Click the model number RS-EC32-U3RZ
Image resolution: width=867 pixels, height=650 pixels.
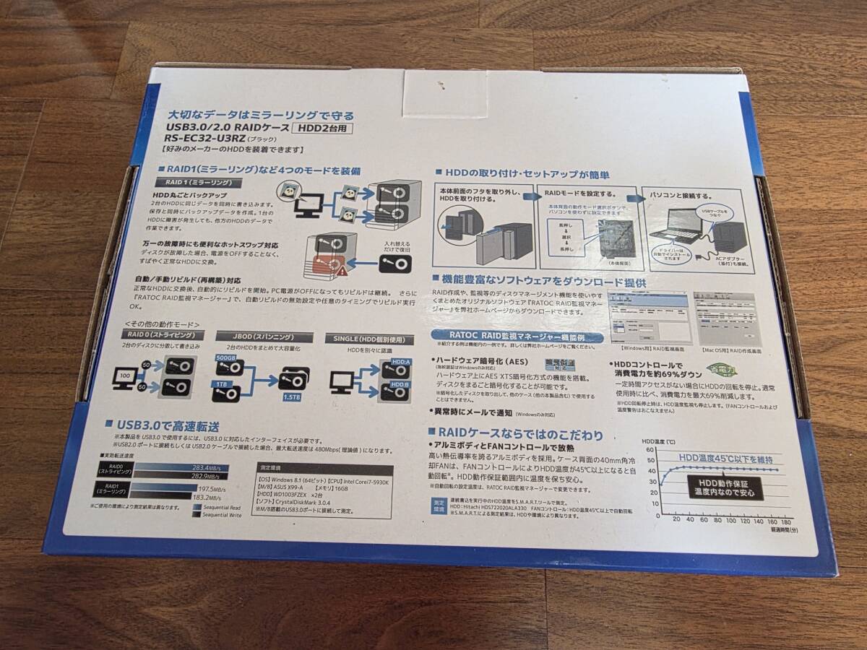click(202, 141)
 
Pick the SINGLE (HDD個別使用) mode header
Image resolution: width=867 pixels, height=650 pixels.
click(369, 339)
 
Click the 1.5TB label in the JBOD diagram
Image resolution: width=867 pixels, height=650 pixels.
click(292, 397)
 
